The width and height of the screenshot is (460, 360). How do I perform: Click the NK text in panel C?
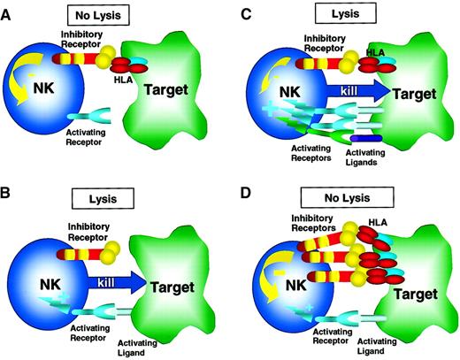point(282,91)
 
